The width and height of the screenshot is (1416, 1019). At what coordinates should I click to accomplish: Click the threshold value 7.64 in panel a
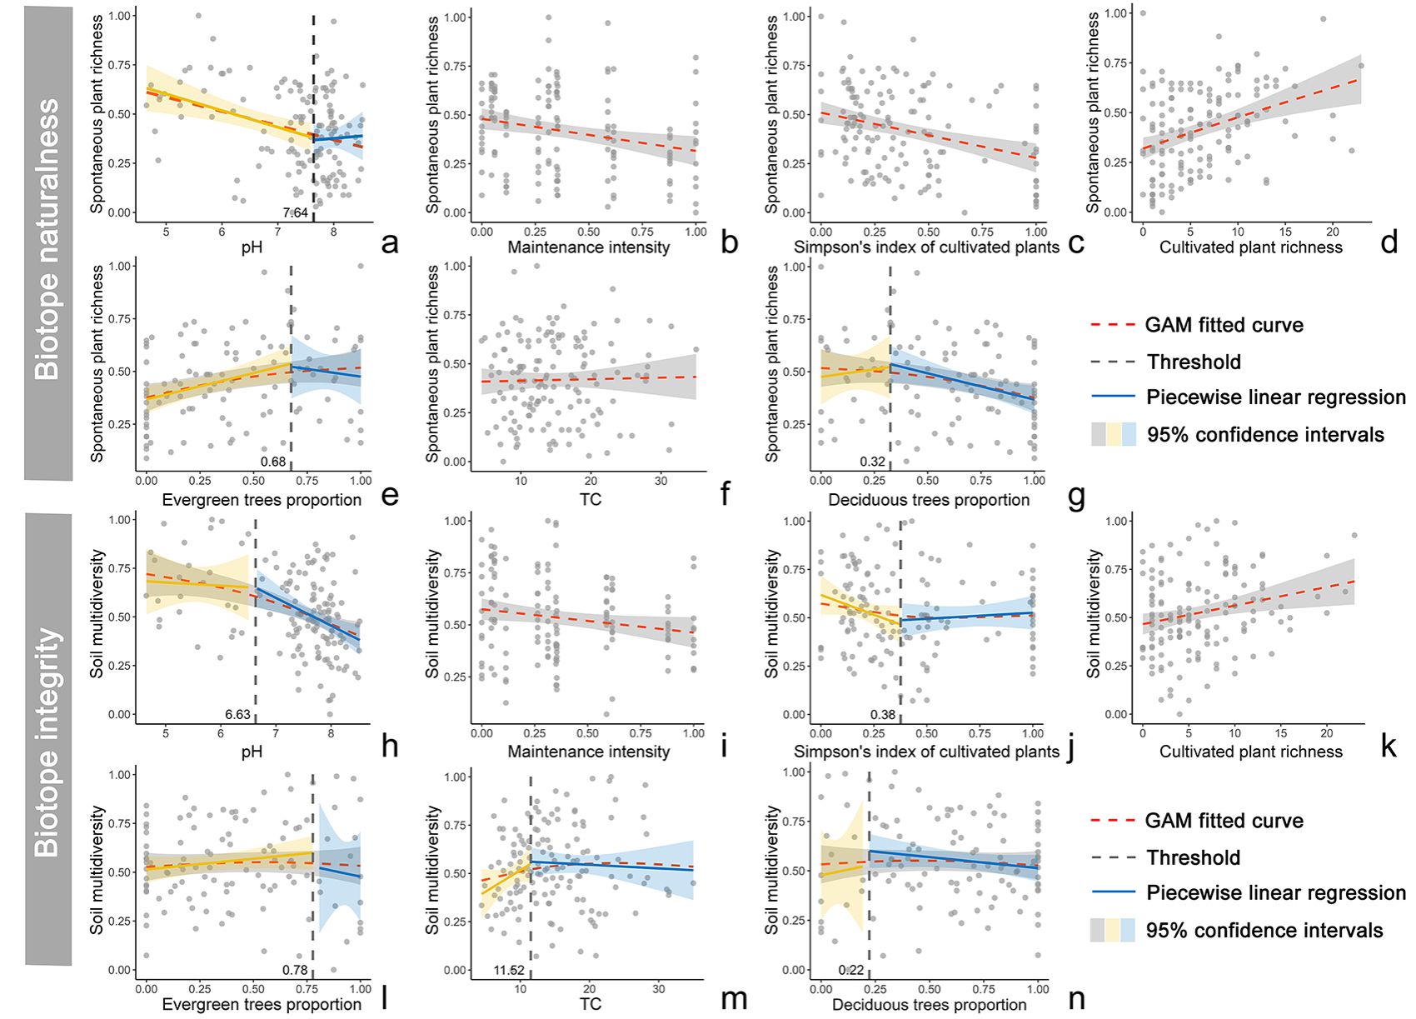pos(296,213)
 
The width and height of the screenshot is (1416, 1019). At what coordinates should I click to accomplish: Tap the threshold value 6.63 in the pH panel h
pos(237,715)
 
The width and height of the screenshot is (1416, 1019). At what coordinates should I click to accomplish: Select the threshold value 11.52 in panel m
pos(509,971)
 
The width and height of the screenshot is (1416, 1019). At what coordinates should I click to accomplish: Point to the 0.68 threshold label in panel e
pos(273,462)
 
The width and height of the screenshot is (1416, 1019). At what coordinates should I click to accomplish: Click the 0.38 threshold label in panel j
pos(883,715)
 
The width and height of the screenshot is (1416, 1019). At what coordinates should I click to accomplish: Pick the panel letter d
pos(1389,242)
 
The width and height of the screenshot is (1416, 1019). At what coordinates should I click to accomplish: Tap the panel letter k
pos(1389,746)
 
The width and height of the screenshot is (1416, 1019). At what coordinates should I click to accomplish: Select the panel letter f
pos(725,494)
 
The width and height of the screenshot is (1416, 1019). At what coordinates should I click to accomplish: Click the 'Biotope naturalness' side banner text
pos(47,239)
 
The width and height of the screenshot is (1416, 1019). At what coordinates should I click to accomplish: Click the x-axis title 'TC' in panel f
pos(590,500)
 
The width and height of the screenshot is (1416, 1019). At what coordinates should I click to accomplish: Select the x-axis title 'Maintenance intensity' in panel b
pos(589,247)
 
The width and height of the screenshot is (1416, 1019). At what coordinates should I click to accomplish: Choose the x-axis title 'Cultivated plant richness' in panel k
pos(1251,752)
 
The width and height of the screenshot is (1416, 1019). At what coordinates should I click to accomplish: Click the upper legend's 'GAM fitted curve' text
pos(1224,325)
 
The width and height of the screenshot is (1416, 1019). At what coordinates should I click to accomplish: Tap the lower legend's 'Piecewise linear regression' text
pos(1276,893)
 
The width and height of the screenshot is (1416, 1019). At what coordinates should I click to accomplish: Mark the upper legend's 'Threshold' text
pos(1194,362)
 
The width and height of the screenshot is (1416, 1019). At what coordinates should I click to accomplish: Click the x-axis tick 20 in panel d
pos(1333,231)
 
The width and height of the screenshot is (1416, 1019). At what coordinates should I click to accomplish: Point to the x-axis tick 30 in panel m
pos(659,989)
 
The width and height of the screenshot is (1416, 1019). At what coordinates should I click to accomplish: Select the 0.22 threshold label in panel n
pos(851,971)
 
